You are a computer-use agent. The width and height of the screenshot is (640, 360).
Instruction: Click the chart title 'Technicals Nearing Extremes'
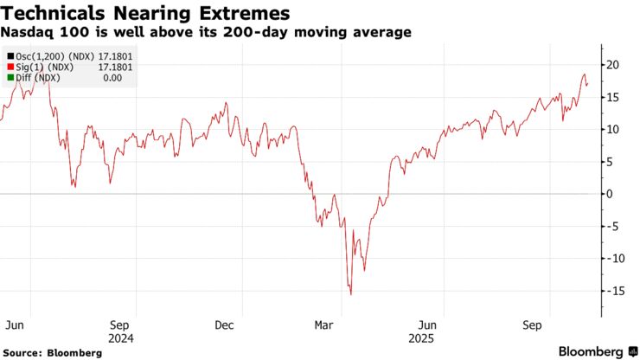point(145,13)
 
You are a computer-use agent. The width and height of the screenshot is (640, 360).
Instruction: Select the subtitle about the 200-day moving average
point(206,32)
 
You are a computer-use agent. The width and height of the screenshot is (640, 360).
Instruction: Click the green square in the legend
point(9,77)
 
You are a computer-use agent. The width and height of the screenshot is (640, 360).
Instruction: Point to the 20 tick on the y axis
point(611,65)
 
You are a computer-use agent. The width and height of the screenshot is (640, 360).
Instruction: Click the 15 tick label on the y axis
point(611,97)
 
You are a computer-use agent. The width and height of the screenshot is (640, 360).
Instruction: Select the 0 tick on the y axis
point(609,194)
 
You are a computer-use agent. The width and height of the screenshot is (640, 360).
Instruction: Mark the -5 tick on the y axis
point(611,227)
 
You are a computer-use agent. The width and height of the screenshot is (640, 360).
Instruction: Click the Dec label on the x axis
point(224,325)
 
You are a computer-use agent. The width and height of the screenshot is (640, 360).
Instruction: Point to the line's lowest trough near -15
point(350,294)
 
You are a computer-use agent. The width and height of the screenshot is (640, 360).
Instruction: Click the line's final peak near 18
point(584,75)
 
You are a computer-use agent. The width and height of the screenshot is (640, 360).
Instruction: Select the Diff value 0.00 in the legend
point(113,77)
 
